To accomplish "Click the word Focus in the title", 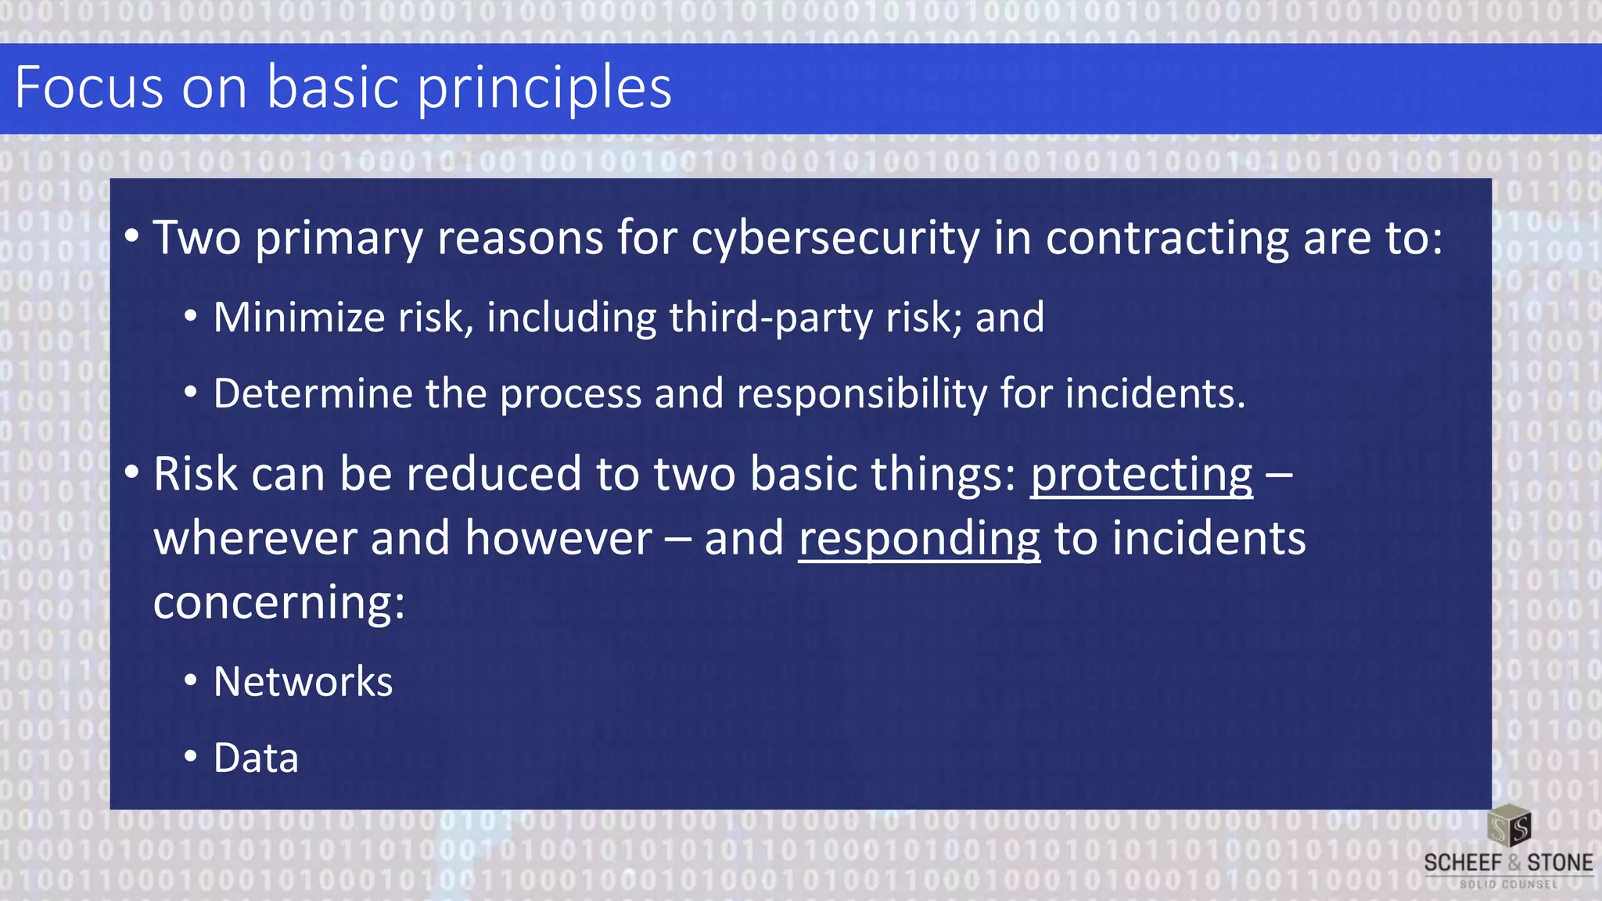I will pos(89,87).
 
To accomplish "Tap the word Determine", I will pos(311,393).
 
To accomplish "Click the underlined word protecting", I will pos(1141,475).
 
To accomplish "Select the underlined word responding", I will pos(919,539).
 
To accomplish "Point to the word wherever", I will pos(255,539).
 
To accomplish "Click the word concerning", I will pos(279,603).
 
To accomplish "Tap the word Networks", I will pos(303,682).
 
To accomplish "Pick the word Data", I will pos(256,758).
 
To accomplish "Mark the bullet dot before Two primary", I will pos(131,236).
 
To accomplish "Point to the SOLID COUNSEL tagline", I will pos(1508,885).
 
